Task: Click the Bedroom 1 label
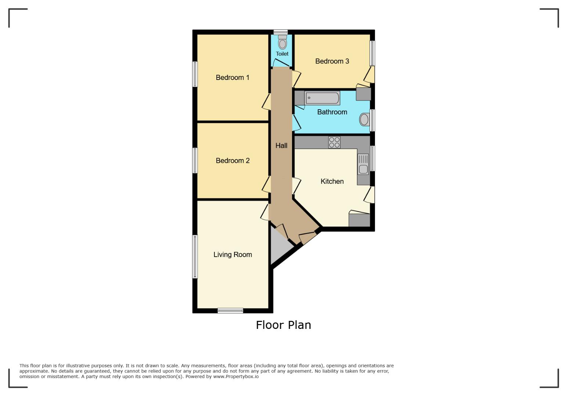(232, 77)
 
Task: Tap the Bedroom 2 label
(232, 161)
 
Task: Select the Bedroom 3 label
(332, 61)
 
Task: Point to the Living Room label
(232, 254)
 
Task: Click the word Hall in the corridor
(281, 146)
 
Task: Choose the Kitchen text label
(332, 181)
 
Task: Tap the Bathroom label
(332, 112)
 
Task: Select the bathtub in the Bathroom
(322, 98)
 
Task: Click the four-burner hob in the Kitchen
(334, 142)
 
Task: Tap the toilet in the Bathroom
(364, 120)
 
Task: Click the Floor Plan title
(283, 325)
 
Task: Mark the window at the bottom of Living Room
(230, 311)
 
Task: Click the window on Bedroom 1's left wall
(195, 74)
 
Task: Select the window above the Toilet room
(281, 32)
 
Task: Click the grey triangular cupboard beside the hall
(280, 246)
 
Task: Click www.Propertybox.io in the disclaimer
(236, 377)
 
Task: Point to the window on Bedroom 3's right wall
(372, 53)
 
